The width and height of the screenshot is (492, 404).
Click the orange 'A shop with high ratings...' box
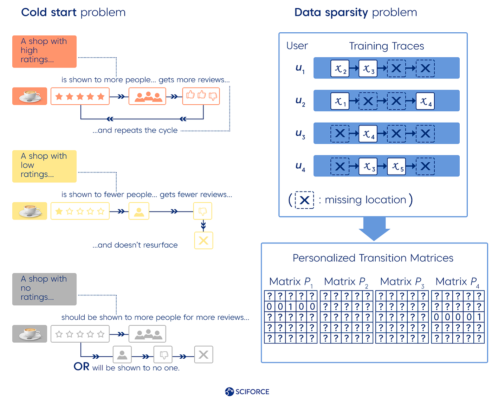pyautogui.click(x=44, y=51)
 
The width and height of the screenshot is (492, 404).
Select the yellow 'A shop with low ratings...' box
pyautogui.click(x=44, y=166)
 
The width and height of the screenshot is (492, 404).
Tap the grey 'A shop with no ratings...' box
pyautogui.click(x=44, y=289)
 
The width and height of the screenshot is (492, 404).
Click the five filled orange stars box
pyautogui.click(x=80, y=96)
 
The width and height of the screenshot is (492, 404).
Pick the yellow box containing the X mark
pyautogui.click(x=203, y=241)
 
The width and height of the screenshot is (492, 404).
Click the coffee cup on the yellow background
pyautogui.click(x=30, y=211)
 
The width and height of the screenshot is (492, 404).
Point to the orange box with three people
pyautogui.click(x=147, y=96)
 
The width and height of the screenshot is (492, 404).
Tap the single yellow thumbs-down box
pyautogui.click(x=203, y=211)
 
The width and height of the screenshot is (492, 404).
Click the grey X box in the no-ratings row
pyautogui.click(x=203, y=354)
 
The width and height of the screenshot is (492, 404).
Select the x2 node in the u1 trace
pyautogui.click(x=340, y=68)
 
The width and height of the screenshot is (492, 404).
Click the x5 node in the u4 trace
pyautogui.click(x=396, y=166)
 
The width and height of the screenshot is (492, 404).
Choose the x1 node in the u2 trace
pyautogui.click(x=340, y=101)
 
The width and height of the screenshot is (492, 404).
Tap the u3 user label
pyautogui.click(x=300, y=134)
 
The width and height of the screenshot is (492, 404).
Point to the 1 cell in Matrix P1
pyautogui.click(x=291, y=306)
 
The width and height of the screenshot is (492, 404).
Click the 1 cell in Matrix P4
pyautogui.click(x=479, y=317)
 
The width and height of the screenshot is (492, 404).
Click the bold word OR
pyautogui.click(x=82, y=366)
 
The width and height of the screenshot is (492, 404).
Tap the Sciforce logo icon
pyautogui.click(x=229, y=392)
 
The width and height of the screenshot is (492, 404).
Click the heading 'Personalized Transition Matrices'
pyautogui.click(x=373, y=258)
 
